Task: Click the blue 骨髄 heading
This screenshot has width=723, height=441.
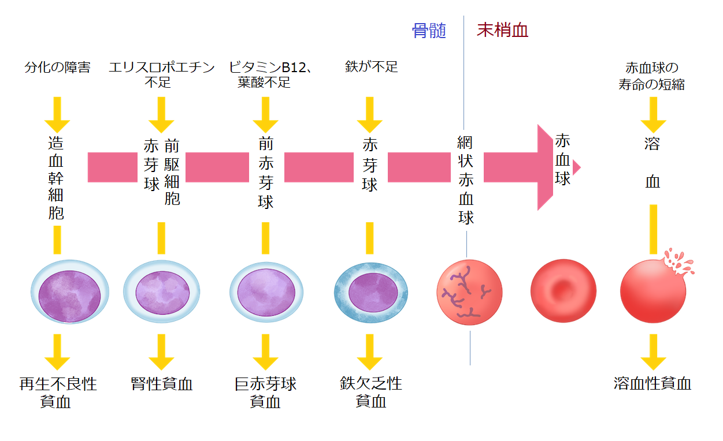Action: (429, 31)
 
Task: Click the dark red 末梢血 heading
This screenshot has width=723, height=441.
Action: (502, 31)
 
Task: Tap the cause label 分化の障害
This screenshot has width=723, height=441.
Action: (57, 67)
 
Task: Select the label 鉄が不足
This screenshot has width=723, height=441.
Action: (371, 67)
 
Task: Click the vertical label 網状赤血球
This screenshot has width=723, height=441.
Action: (466, 180)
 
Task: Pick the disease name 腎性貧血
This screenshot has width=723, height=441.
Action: (161, 384)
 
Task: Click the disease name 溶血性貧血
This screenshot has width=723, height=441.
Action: (652, 384)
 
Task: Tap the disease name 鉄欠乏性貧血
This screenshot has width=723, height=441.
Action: (370, 393)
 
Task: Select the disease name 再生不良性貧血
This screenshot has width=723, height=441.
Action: (57, 393)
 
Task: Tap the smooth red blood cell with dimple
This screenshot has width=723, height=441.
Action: (563, 290)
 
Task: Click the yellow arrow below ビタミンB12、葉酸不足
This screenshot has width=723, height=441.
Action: (266, 114)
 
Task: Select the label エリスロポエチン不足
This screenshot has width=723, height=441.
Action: (161, 74)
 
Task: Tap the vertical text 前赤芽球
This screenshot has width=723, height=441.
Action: (266, 173)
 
